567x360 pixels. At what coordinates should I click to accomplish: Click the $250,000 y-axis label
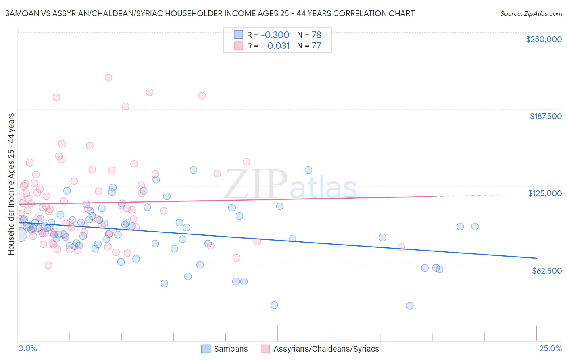pyautogui.click(x=544, y=39)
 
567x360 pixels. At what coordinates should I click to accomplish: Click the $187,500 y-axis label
pyautogui.click(x=545, y=116)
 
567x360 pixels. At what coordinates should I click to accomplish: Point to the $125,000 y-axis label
pyautogui.click(x=545, y=193)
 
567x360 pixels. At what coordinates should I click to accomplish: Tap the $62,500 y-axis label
pyautogui.click(x=546, y=271)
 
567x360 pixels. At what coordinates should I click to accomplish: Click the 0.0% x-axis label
pyautogui.click(x=27, y=348)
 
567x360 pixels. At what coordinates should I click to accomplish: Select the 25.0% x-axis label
pyautogui.click(x=550, y=348)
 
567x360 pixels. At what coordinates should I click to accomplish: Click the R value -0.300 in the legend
pyautogui.click(x=275, y=35)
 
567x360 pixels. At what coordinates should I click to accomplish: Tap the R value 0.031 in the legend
pyautogui.click(x=278, y=46)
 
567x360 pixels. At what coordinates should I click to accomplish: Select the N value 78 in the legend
pyautogui.click(x=316, y=35)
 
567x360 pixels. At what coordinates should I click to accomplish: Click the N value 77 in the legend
pyautogui.click(x=316, y=46)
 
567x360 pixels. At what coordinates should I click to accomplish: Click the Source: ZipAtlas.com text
pyautogui.click(x=531, y=14)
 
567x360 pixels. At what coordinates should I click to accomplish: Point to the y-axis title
pyautogui.click(x=11, y=184)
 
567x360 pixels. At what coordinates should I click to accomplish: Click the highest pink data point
pyautogui.click(x=108, y=78)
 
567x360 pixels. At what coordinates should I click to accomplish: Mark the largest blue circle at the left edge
pyautogui.click(x=20, y=234)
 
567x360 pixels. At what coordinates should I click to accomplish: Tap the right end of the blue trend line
pyautogui.click(x=536, y=258)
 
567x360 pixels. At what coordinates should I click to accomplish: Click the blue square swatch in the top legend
pyautogui.click(x=238, y=35)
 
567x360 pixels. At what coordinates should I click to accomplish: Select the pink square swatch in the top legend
pyautogui.click(x=238, y=46)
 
